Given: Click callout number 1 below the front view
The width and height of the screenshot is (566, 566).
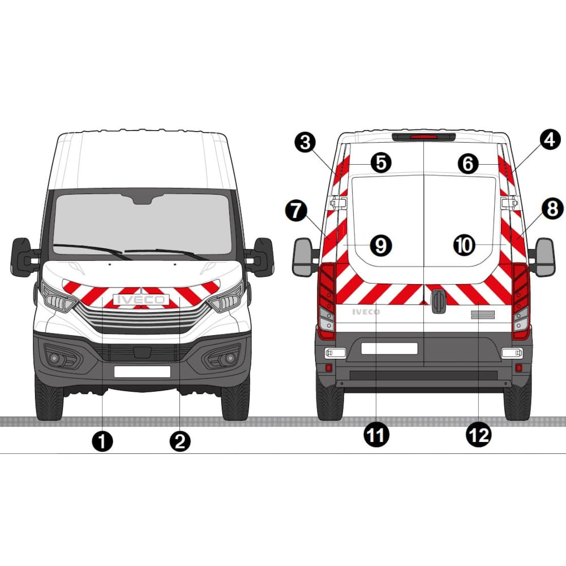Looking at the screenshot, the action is tap(102, 441).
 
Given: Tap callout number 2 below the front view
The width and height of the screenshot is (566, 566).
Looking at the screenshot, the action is tap(180, 441).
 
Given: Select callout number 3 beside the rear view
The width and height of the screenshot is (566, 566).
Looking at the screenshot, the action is tap(306, 142).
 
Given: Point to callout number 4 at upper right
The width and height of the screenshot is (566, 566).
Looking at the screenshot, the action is tap(550, 140).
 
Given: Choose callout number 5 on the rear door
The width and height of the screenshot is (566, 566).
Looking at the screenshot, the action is tap(381, 163).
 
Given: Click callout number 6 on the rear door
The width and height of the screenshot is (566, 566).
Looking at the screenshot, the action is tap(468, 164).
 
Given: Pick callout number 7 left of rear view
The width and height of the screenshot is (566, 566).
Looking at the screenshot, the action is tap(296, 211).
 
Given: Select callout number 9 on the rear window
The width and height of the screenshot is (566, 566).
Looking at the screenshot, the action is tap(381, 246).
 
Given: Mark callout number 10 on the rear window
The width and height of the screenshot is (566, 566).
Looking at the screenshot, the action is tap(464, 246).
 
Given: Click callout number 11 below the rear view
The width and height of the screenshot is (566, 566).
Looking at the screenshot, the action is tap(376, 435).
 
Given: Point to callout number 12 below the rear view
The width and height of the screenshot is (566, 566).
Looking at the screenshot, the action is tap(479, 435).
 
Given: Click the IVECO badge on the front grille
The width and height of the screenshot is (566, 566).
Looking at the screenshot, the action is tap(141, 299).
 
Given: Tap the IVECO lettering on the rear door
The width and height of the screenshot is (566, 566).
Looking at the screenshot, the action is tap(366, 312).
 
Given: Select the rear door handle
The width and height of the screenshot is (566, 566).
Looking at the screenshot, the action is tap(439, 301).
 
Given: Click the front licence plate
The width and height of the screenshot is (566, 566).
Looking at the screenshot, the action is tap(142, 371).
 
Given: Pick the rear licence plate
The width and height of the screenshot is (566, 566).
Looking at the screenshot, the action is tap(389, 348).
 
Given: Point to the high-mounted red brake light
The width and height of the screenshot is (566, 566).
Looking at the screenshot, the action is tap(424, 137).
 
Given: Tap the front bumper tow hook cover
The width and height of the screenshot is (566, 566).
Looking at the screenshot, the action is tap(142, 352).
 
